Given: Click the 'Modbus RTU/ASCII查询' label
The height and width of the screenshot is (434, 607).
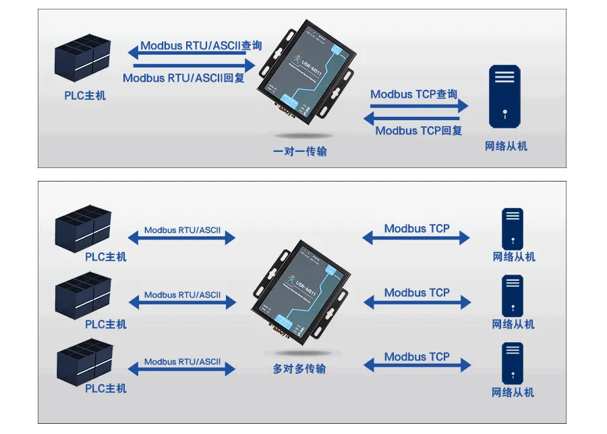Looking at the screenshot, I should (x=201, y=46).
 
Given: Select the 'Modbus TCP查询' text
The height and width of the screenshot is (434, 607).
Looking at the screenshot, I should (x=413, y=94).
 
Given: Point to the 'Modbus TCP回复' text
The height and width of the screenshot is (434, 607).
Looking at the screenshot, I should (x=419, y=130).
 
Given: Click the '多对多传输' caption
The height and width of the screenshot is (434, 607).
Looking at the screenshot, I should (x=299, y=369).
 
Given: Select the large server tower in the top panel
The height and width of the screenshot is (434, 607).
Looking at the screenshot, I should (x=504, y=96).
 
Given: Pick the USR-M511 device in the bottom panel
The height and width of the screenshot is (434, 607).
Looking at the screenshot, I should (x=301, y=292).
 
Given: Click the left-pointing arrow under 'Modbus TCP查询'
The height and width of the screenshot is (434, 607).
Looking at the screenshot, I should (x=415, y=119).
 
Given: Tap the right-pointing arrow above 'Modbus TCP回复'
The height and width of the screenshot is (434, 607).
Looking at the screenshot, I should (x=419, y=106).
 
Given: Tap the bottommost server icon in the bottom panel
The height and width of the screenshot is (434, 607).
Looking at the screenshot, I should (x=513, y=363).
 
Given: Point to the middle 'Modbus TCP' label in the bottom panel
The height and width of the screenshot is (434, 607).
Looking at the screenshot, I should (x=417, y=292).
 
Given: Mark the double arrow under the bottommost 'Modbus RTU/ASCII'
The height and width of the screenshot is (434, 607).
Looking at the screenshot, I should (x=181, y=369).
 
